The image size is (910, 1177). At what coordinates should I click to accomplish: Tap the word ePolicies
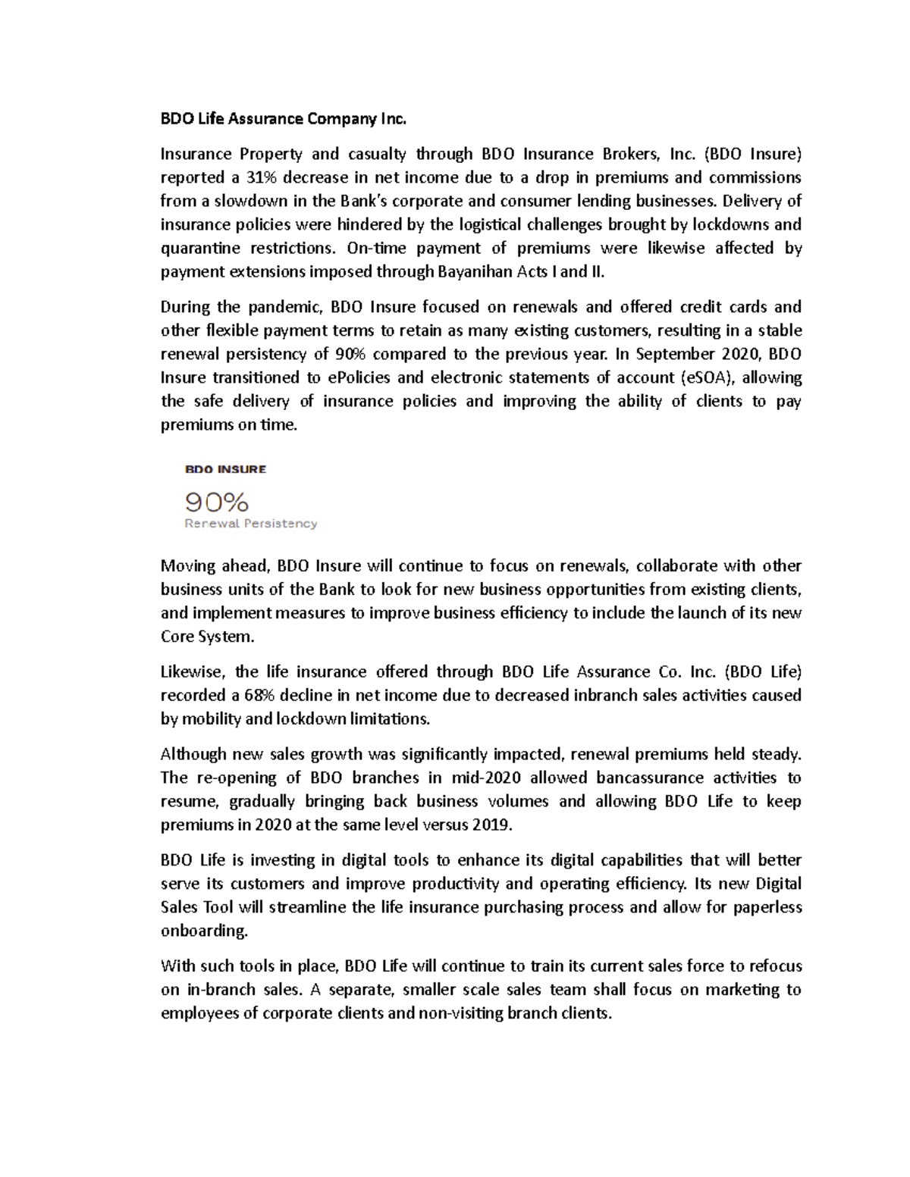click(x=359, y=377)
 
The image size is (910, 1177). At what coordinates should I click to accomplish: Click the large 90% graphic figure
click(x=217, y=501)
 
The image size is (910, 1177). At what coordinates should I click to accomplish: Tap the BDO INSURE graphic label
click(x=225, y=469)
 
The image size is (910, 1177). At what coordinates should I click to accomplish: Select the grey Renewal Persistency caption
click(x=251, y=524)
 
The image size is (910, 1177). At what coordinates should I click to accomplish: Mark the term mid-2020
click(x=486, y=778)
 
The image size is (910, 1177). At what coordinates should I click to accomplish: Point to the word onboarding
click(x=204, y=931)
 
